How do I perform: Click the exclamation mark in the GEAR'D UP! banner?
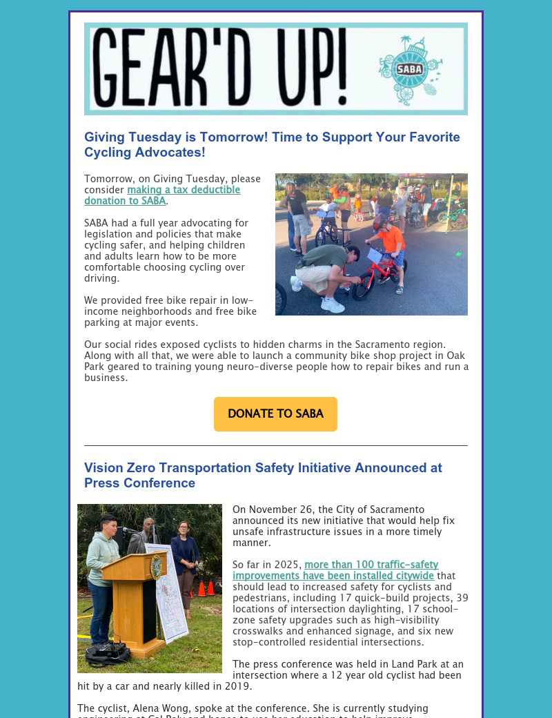click(338, 69)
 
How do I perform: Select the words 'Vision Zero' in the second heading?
click(119, 468)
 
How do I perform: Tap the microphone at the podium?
click(125, 530)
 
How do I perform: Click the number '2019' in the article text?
click(237, 687)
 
